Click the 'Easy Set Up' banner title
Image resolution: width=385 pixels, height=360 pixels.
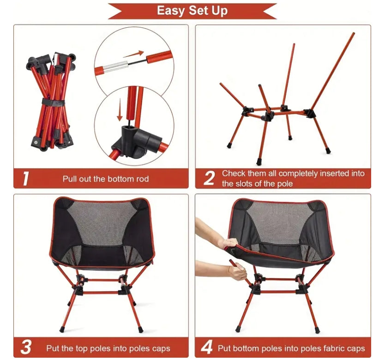pyautogui.click(x=192, y=11)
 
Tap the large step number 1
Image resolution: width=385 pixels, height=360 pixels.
pyautogui.click(x=26, y=178)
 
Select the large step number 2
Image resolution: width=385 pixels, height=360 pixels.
pyautogui.click(x=209, y=178)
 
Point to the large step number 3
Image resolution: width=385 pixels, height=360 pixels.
pyautogui.click(x=26, y=347)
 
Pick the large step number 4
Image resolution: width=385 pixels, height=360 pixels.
pyautogui.click(x=207, y=347)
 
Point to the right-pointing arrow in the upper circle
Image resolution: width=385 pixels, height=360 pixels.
pyautogui.click(x=133, y=54)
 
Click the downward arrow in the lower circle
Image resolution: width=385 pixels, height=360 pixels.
pyautogui.click(x=120, y=110)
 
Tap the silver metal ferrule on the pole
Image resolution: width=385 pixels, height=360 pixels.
pyautogui.click(x=115, y=67)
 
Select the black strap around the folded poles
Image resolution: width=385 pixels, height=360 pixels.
pyautogui.click(x=53, y=102)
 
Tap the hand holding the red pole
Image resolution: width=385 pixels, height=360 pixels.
pyautogui.click(x=236, y=270)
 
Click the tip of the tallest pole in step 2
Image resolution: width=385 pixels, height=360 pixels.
pyautogui.click(x=354, y=33)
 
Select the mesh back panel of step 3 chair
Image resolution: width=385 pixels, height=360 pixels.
pyautogui.click(x=102, y=222)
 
